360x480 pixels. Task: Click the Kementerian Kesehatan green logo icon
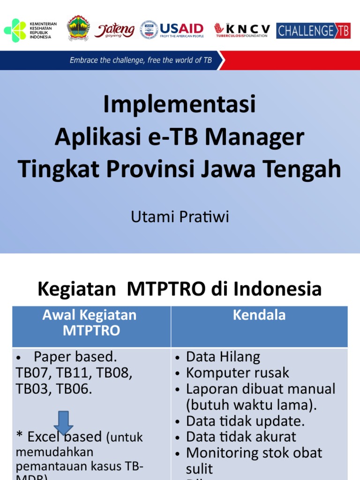tap(15, 30)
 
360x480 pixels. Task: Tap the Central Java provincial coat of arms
tap(78, 29)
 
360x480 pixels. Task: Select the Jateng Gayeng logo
tap(114, 30)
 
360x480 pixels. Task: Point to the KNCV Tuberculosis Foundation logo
tap(242, 30)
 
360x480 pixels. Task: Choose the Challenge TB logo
tap(313, 31)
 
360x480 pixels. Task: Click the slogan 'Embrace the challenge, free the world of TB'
tap(141, 60)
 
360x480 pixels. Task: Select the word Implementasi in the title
tap(180, 104)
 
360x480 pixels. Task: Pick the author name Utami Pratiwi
tap(180, 217)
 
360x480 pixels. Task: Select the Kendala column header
tap(259, 315)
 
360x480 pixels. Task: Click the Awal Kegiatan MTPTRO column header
tap(90, 322)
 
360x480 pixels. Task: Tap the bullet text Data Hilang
tap(223, 357)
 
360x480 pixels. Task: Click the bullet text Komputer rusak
tap(238, 373)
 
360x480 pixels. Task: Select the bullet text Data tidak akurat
tap(241, 437)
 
